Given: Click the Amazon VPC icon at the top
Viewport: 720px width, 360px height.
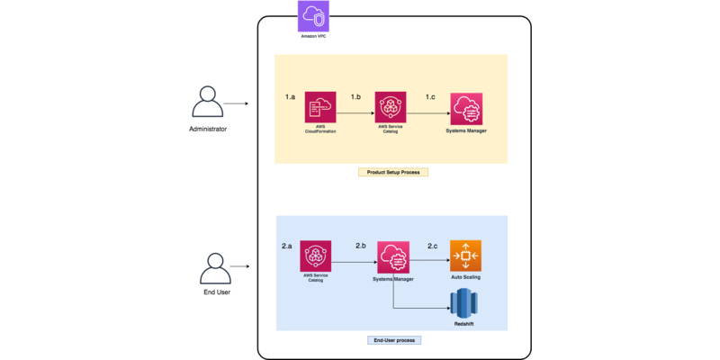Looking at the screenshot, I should point(313,16).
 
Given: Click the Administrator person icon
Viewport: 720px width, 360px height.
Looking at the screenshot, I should point(208,103).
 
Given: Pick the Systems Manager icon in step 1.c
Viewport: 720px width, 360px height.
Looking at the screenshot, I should point(466,110).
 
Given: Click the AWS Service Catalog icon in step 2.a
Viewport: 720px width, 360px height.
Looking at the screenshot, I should point(315,256).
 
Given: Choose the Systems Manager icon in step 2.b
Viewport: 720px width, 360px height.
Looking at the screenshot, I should point(393,257).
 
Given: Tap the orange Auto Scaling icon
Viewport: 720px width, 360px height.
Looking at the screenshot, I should point(465,256).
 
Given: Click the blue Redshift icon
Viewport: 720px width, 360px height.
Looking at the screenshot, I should point(463,302).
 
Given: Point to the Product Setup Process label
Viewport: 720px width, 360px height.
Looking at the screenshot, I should point(392,172).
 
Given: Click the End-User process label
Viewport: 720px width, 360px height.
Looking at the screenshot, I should point(392,340).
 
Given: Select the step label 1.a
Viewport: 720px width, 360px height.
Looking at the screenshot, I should point(290,95).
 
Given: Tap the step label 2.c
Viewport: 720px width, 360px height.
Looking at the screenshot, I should point(433,245).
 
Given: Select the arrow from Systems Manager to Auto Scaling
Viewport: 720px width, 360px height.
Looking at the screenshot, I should point(429,262).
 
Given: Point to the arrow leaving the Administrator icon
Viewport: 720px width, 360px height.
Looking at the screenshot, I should point(236,103).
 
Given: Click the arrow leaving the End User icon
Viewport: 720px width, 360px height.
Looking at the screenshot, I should point(239,267).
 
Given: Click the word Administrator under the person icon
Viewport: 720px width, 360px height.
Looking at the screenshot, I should point(208,130).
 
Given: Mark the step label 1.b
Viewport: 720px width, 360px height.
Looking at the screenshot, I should point(355,95).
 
